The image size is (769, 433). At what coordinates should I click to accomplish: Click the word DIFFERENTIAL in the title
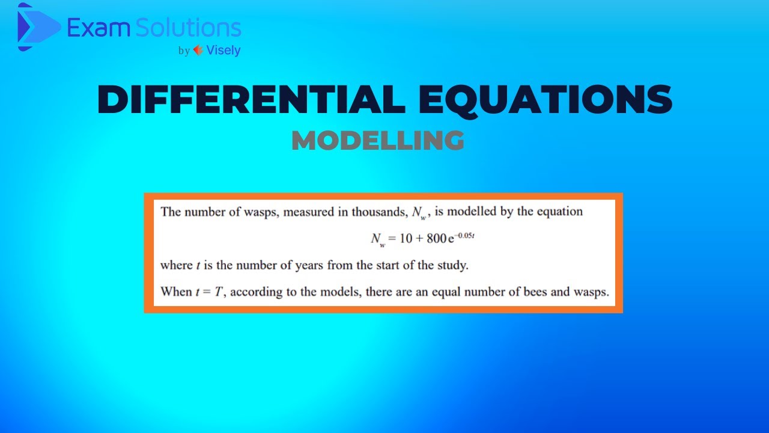[x=251, y=99]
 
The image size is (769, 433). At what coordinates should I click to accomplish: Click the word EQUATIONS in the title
[x=543, y=99]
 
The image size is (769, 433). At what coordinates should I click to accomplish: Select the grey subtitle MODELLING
[x=378, y=141]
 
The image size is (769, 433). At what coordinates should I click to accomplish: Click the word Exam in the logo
[x=91, y=28]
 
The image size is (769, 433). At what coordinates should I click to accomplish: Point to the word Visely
[x=223, y=51]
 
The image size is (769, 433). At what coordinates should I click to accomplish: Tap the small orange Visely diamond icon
[x=198, y=51]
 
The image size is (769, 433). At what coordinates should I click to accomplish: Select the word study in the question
[x=451, y=265]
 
